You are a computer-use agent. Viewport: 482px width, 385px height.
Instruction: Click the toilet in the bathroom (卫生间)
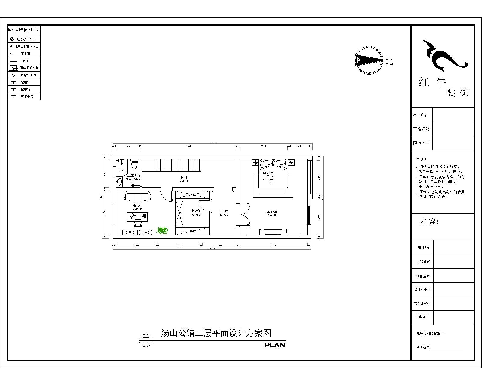(x=135, y=165)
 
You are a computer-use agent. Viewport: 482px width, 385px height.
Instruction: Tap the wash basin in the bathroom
(x=120, y=182)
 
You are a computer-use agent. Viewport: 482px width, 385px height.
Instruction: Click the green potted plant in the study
(x=163, y=230)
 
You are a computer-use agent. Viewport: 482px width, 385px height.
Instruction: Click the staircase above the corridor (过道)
(x=171, y=165)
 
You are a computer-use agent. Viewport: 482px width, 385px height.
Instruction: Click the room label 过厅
(x=224, y=211)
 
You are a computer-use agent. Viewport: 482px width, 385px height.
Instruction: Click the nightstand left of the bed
(x=255, y=163)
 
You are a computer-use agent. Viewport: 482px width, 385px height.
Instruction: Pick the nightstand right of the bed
(x=291, y=163)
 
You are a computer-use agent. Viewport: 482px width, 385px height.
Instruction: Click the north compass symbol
(x=368, y=60)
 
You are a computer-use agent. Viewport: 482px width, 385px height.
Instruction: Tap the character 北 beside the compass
(x=389, y=61)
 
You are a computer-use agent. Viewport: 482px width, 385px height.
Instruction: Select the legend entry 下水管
(x=25, y=54)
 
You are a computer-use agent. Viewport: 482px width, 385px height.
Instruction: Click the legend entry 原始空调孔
(x=28, y=75)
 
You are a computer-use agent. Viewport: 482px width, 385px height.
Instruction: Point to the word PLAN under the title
(x=275, y=345)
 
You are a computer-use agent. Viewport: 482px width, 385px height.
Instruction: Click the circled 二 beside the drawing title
(x=146, y=341)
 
